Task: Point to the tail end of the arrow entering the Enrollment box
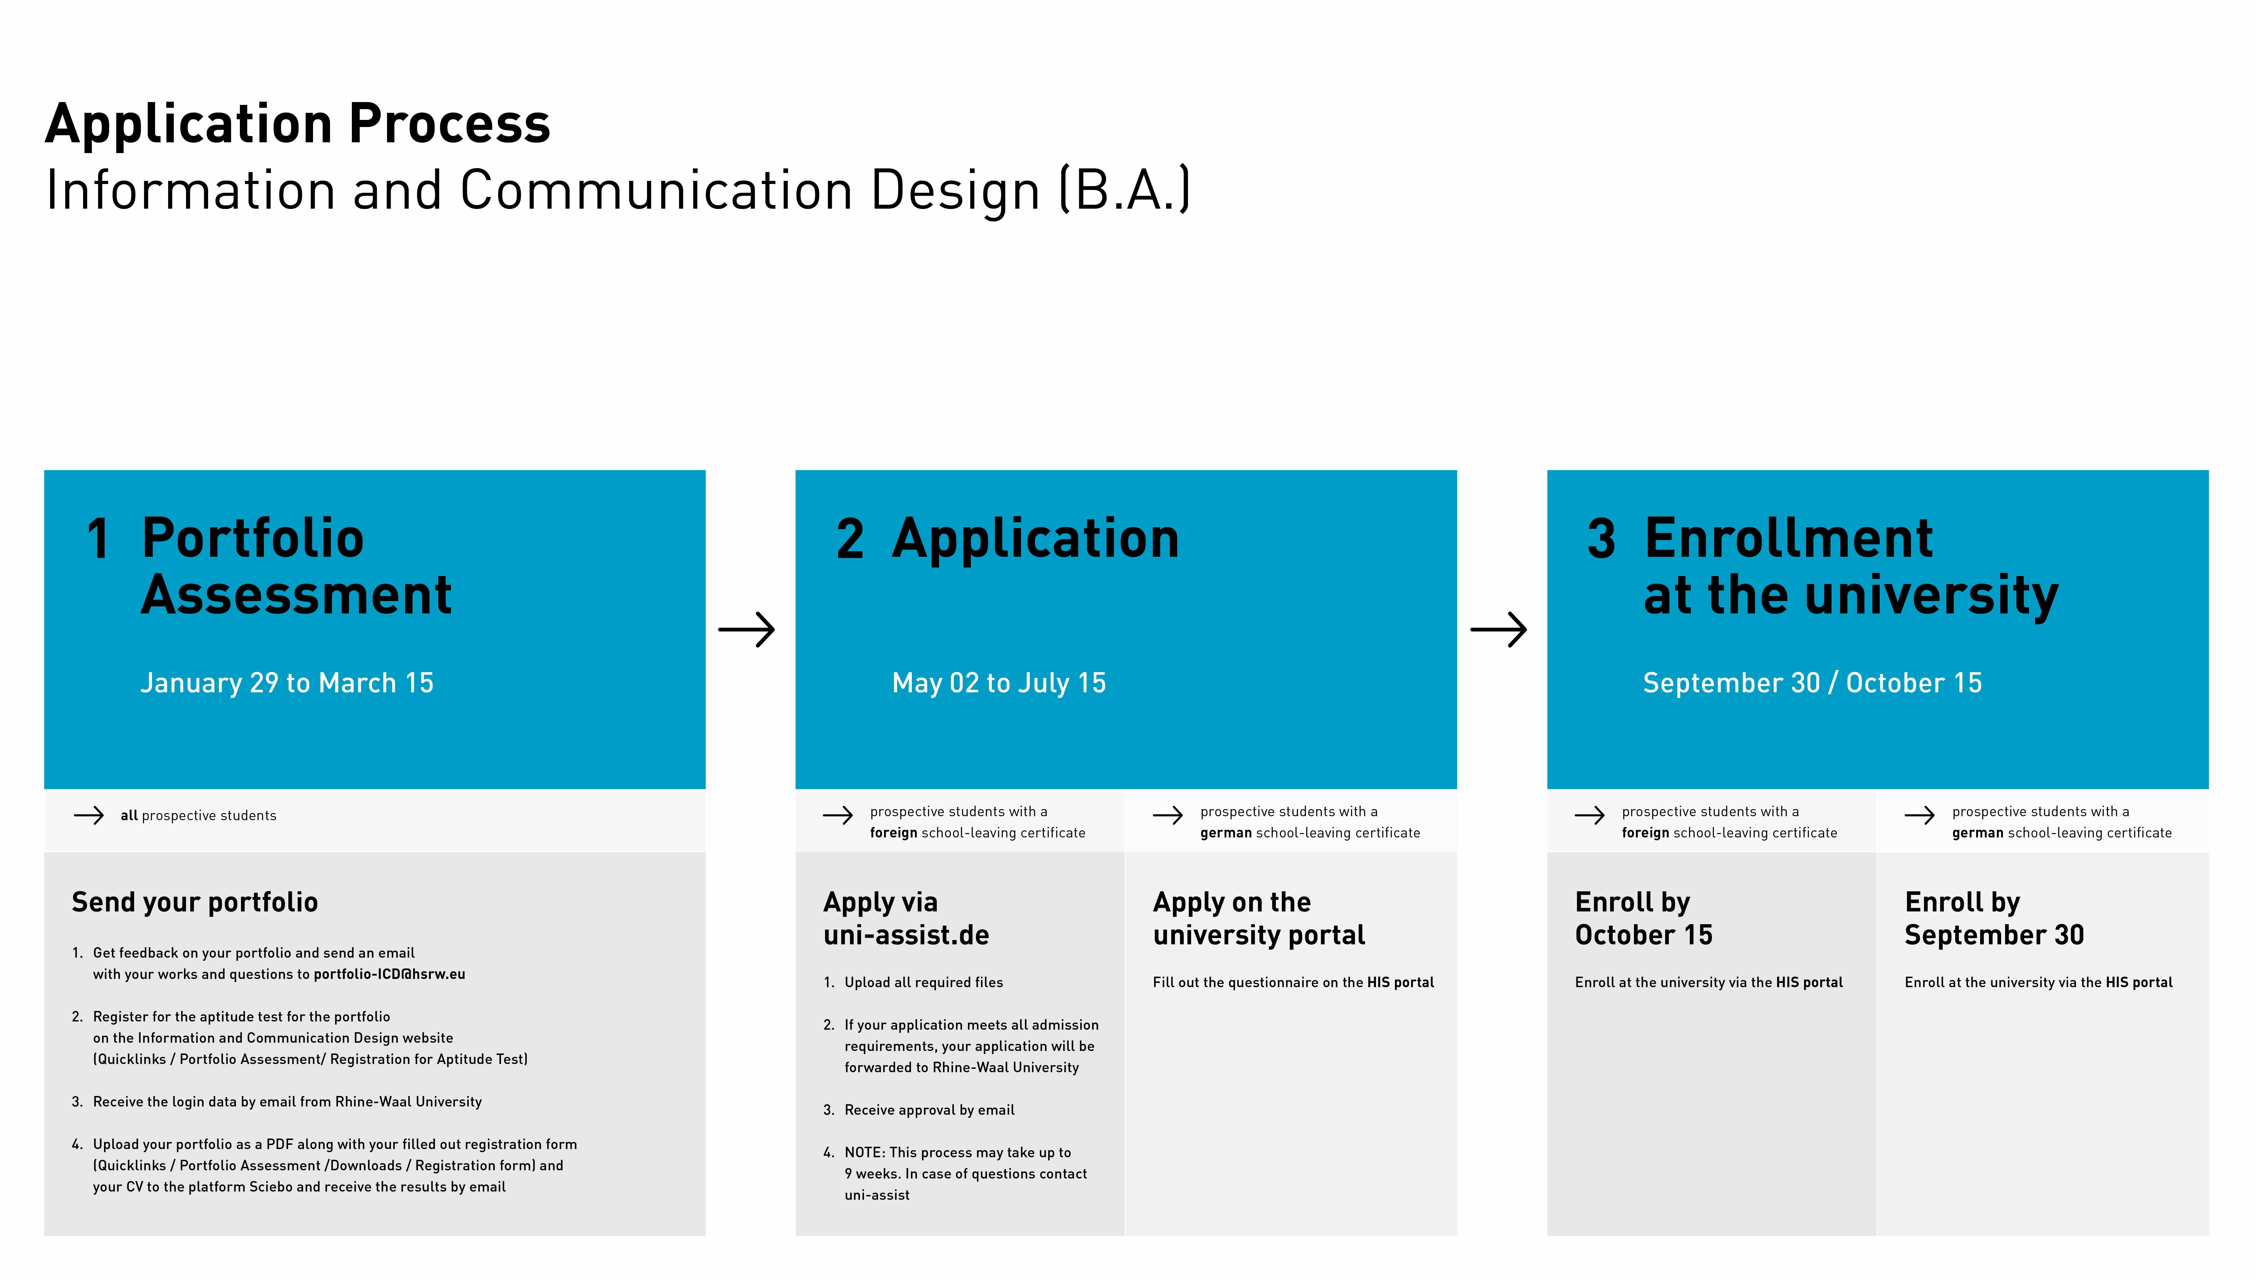click(1471, 629)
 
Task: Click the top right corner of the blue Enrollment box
click(2209, 470)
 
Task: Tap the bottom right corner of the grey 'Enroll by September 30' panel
click(2209, 1235)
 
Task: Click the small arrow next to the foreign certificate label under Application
click(838, 816)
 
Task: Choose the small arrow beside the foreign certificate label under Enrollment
click(1589, 816)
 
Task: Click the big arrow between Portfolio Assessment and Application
click(747, 629)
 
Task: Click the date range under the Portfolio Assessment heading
click(287, 683)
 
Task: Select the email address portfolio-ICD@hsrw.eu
click(390, 974)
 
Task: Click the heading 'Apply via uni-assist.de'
click(906, 919)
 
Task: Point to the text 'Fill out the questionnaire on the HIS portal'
click(1293, 982)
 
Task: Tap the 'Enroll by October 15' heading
click(1644, 919)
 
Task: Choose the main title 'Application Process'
click(298, 124)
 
